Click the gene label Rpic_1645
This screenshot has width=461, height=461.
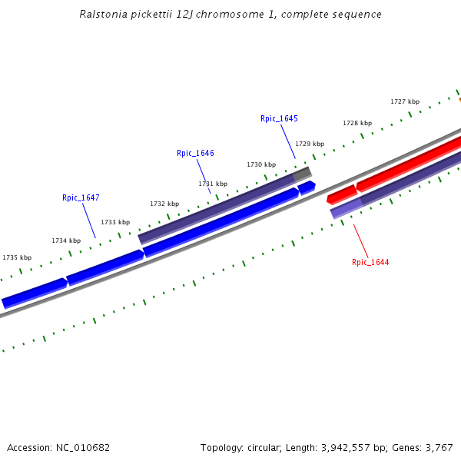tap(279, 118)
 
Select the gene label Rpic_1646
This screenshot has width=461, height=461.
tap(195, 153)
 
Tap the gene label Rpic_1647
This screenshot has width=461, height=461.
tap(81, 197)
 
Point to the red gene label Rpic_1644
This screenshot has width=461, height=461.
tap(370, 262)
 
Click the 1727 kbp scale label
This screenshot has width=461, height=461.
tap(405, 101)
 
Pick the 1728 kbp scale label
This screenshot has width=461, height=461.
tap(357, 123)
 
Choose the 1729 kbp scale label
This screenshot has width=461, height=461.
tap(310, 144)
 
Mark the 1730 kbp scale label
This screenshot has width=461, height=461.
tap(261, 164)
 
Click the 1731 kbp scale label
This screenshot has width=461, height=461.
tap(213, 184)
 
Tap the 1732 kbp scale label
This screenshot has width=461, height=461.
tap(164, 204)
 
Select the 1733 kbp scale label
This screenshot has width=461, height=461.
tap(115, 222)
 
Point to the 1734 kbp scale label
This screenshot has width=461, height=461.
tap(66, 240)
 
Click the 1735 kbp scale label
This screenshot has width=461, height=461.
tap(17, 257)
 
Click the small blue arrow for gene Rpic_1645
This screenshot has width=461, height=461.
tap(307, 187)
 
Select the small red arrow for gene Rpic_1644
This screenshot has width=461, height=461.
tap(341, 194)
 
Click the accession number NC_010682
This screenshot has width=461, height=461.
tap(82, 447)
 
